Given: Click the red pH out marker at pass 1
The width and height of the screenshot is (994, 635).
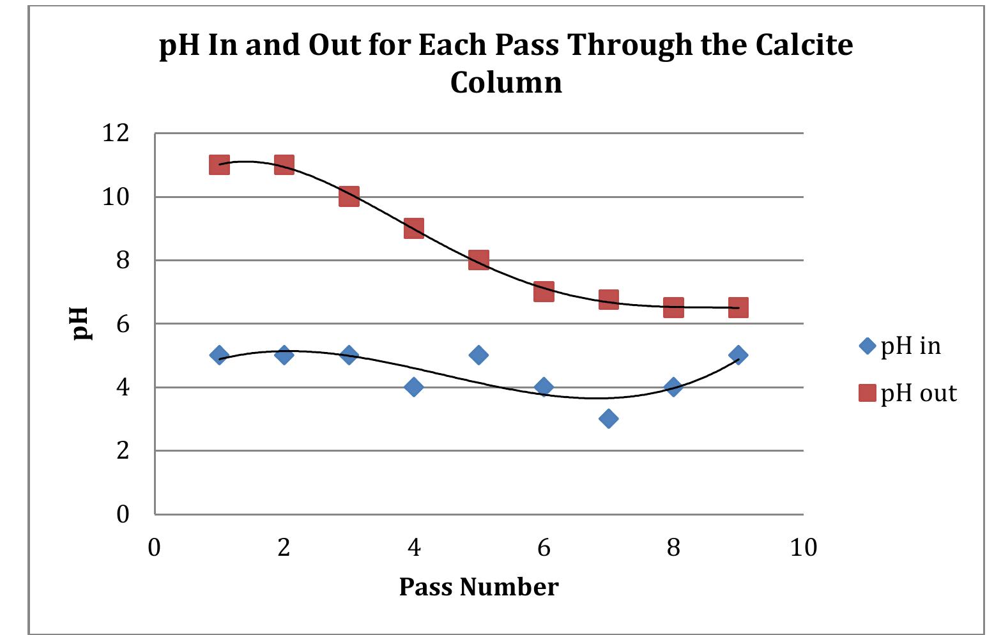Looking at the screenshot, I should click(x=219, y=165).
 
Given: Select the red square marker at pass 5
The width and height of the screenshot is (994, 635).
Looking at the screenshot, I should click(x=478, y=260).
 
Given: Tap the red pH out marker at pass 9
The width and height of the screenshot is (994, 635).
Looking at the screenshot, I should click(x=738, y=307).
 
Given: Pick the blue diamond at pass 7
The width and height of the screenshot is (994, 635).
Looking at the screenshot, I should click(x=608, y=418).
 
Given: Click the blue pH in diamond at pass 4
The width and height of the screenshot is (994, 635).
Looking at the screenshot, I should click(x=414, y=386).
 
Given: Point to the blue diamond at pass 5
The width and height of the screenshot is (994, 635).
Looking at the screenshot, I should click(x=478, y=355).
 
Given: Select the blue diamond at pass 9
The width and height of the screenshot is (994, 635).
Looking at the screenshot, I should click(x=738, y=355).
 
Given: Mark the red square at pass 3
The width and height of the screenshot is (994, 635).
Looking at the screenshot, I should click(x=349, y=196).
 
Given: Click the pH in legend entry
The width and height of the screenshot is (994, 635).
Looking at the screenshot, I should click(x=901, y=346).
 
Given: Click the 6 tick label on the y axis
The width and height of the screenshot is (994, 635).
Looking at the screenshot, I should click(x=123, y=324).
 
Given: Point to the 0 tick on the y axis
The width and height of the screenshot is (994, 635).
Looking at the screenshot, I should click(x=123, y=514).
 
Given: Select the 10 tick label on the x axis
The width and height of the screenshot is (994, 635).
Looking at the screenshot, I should click(x=803, y=547).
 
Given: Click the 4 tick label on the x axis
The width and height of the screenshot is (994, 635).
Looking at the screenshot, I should click(x=414, y=547).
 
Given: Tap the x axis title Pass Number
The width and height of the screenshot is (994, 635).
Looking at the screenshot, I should click(x=478, y=586).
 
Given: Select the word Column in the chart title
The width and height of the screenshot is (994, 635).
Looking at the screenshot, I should click(x=506, y=82).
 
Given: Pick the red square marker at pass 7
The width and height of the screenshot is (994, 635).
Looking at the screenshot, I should click(x=608, y=299).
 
